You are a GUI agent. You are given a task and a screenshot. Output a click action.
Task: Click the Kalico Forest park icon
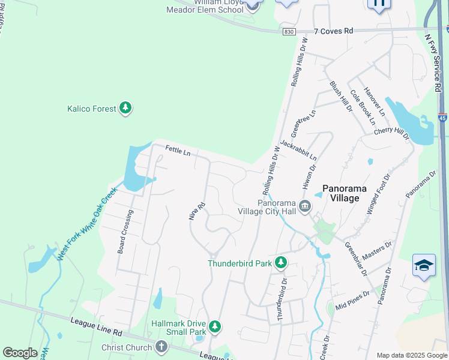click(x=125, y=109)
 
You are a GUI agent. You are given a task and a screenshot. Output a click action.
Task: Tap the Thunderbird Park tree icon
click(x=280, y=263)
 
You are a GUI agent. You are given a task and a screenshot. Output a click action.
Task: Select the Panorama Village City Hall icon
click(x=305, y=206)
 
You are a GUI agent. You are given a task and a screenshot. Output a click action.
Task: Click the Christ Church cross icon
click(x=161, y=347)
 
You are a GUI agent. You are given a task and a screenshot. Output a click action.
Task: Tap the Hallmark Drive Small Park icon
click(x=215, y=327)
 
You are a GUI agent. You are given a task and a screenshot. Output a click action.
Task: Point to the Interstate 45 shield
click(x=442, y=118)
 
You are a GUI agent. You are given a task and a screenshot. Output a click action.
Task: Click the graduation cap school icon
click(x=424, y=266)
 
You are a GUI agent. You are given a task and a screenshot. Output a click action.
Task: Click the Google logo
click(x=20, y=353)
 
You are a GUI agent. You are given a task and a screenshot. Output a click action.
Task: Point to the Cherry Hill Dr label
click(x=391, y=134)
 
